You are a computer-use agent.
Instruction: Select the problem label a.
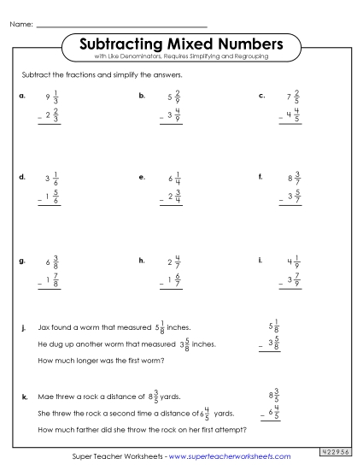[21, 96]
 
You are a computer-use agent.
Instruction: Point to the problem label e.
[141, 177]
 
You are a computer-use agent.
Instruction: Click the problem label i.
[260, 259]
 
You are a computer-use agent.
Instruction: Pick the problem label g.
[21, 259]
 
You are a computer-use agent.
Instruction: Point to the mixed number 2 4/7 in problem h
[173, 261]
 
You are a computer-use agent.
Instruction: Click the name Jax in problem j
[48, 327]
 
